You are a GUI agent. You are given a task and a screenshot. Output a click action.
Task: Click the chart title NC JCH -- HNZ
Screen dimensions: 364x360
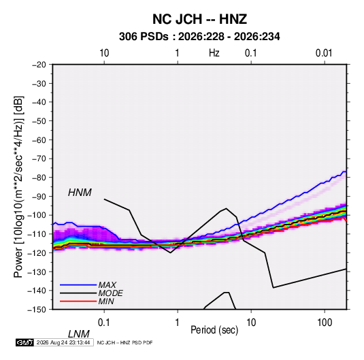click(x=199, y=19)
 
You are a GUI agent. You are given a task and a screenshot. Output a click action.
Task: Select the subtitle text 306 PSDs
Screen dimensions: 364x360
click(x=144, y=37)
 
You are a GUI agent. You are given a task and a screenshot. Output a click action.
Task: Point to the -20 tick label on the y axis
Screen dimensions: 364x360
click(x=39, y=65)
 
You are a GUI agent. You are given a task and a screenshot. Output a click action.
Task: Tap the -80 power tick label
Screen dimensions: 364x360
click(x=39, y=178)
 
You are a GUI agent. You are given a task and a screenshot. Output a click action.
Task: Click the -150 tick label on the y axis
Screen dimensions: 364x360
click(x=37, y=310)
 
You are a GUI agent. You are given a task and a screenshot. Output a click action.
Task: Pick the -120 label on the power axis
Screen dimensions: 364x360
click(x=37, y=252)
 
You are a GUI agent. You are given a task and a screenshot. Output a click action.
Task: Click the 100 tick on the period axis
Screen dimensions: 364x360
click(x=325, y=323)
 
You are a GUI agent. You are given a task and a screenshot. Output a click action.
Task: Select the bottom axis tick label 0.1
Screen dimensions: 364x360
click(x=104, y=323)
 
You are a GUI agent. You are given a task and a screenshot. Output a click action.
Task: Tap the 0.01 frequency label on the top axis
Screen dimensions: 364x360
click(x=324, y=53)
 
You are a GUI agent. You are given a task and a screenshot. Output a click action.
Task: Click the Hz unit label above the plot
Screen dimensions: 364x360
click(x=214, y=53)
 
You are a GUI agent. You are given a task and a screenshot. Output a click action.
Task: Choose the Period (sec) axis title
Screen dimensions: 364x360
click(x=214, y=330)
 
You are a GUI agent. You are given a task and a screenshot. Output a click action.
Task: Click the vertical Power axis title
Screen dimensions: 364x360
click(x=18, y=187)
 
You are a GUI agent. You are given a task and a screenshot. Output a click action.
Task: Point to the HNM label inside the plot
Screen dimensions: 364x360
click(x=80, y=193)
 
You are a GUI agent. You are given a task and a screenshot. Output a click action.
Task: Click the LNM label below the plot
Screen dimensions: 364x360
click(x=78, y=334)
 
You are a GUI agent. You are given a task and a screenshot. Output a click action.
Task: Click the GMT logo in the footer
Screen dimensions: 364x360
click(x=24, y=342)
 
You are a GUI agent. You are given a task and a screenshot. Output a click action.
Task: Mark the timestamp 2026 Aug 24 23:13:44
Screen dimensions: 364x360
click(x=63, y=342)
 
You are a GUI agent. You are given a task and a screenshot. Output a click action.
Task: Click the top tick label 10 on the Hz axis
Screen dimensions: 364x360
click(x=104, y=53)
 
